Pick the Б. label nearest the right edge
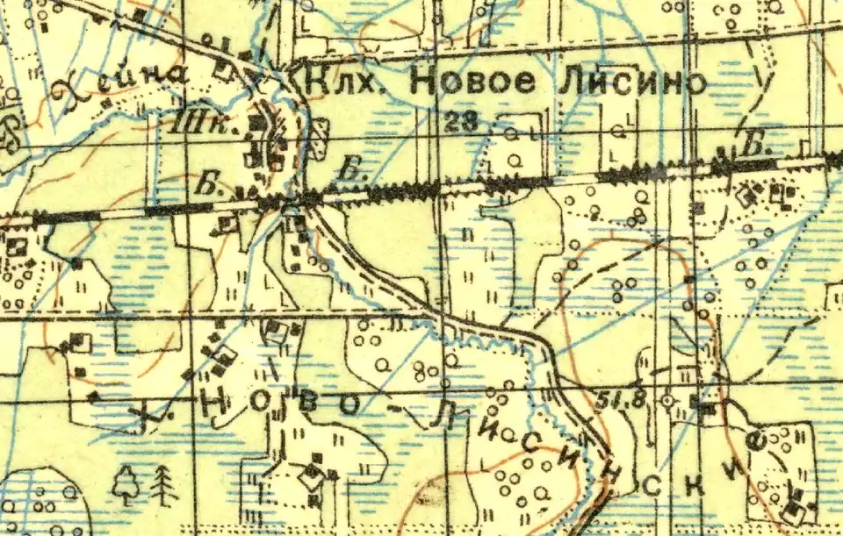point(752,147)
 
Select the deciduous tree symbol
point(128,483)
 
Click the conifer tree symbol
point(163,484)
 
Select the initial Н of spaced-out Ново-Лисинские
point(214,404)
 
